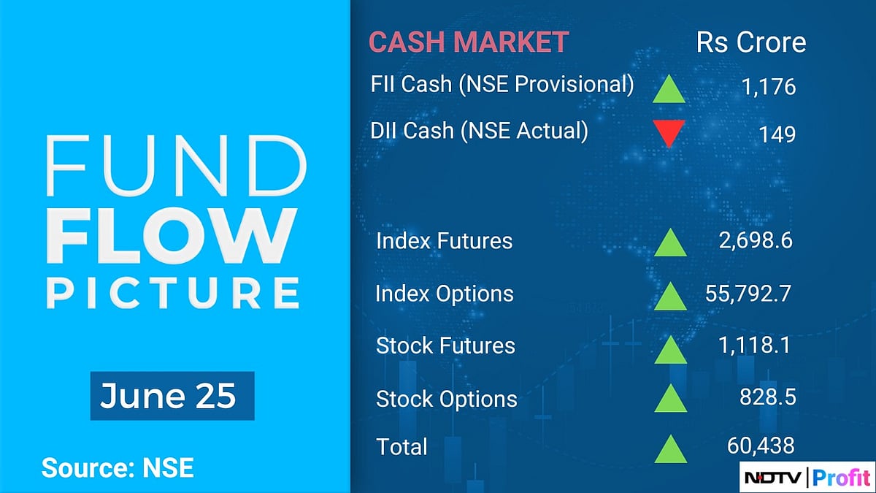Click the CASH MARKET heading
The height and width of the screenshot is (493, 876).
coord(468,42)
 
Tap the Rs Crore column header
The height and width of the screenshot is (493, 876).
coord(751,42)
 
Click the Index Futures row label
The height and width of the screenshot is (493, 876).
coord(444,241)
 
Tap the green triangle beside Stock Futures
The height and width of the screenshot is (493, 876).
coord(670,348)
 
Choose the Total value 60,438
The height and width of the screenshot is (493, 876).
coord(761,445)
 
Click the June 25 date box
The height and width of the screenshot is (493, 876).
coord(172,396)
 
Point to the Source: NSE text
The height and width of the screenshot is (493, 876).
coord(118,467)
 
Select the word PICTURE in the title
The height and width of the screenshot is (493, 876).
coord(174,292)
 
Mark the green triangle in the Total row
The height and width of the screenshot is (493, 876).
coord(670,448)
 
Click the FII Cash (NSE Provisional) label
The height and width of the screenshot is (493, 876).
coord(502,85)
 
